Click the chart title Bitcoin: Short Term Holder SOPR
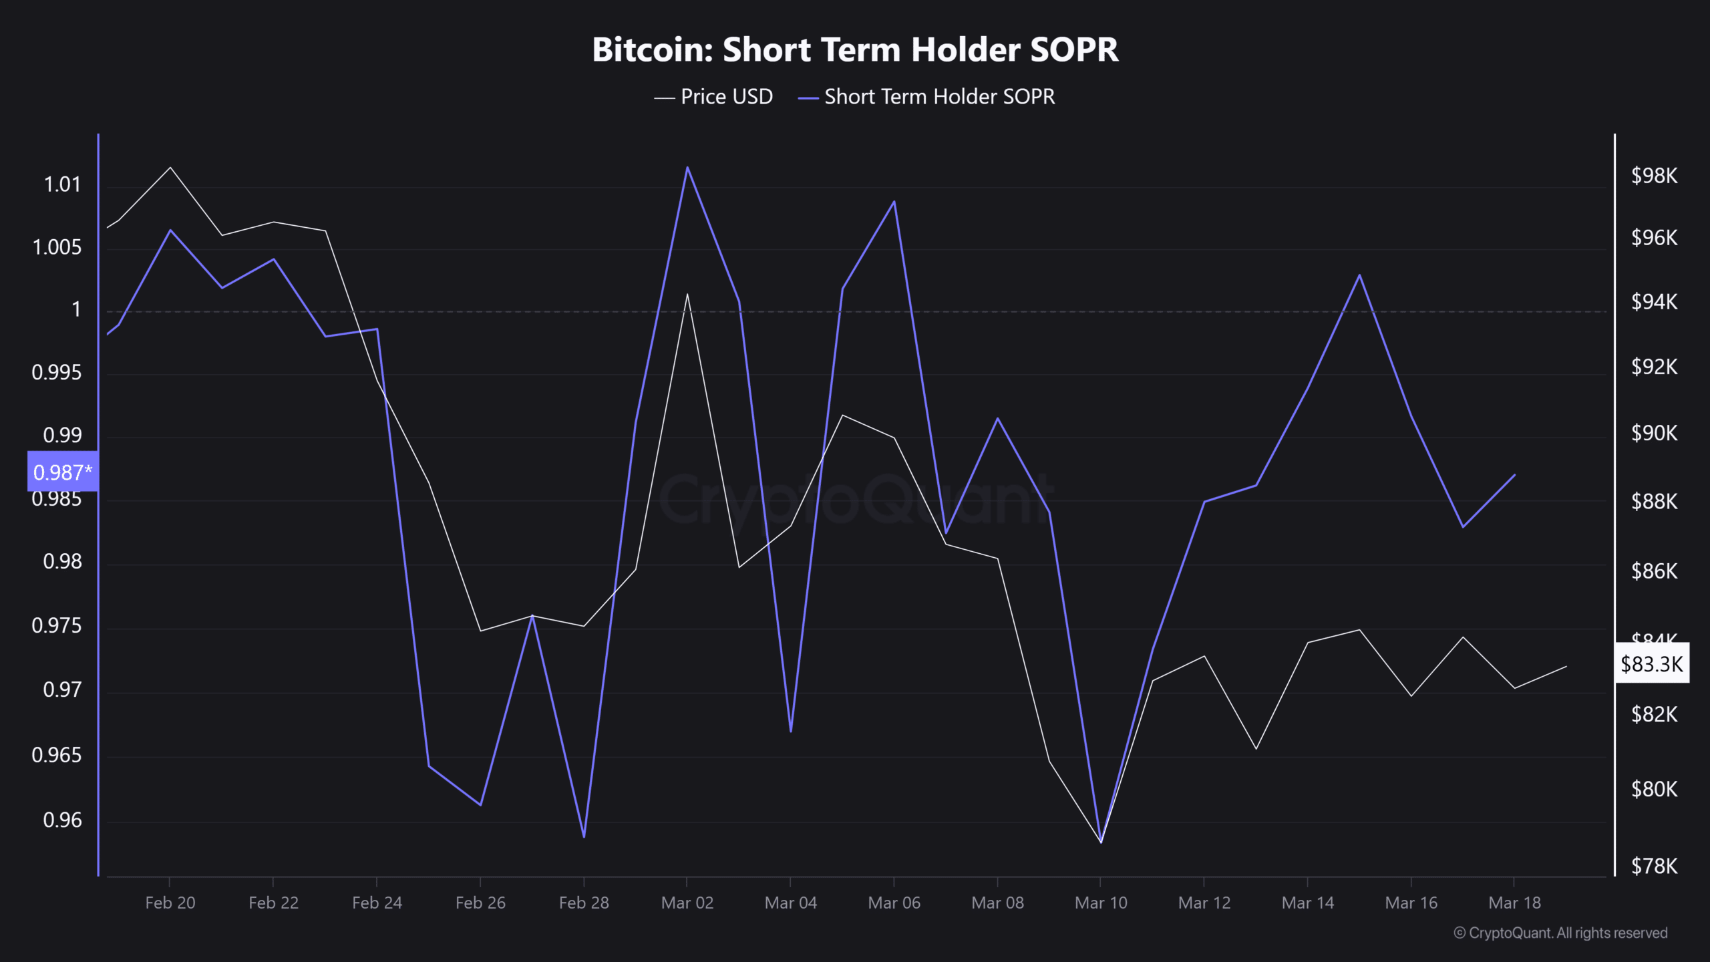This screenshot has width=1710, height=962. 855,50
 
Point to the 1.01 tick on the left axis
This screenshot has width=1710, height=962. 62,184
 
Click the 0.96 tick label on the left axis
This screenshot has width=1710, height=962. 62,820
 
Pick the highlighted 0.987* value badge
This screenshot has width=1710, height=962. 62,472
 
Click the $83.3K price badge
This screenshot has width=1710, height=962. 1651,663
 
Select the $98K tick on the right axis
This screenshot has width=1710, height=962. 1654,176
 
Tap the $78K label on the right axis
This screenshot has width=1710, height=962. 1654,866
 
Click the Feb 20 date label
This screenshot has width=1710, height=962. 170,903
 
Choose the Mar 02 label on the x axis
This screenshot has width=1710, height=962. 687,903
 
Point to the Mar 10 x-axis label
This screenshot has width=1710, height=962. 1101,903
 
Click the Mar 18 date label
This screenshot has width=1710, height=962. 1514,903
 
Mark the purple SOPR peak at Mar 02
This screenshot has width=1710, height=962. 687,167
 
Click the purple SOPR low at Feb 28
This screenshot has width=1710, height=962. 584,836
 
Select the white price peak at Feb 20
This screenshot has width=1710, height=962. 170,167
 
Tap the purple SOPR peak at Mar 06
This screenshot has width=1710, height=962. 894,201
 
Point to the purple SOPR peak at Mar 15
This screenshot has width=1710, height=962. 1359,275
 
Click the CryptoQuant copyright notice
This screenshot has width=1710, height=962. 1560,933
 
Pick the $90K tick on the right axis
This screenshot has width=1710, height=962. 1654,433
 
